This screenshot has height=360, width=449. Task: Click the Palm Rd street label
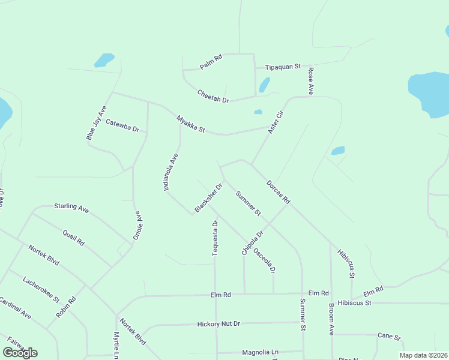tap(211, 62)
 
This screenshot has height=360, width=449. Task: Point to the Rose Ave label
tap(311, 80)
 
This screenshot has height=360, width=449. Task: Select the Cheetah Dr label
tap(213, 95)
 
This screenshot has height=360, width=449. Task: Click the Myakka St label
tap(191, 124)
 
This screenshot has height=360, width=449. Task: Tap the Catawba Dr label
tap(122, 125)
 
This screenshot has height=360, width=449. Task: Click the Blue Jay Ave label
tap(96, 123)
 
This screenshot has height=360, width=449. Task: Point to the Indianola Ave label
tap(171, 172)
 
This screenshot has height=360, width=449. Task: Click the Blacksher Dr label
tap(208, 198)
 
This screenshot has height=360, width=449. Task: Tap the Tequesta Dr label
tap(215, 238)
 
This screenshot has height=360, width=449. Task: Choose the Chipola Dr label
tap(252, 243)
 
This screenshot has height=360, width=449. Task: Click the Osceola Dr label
tap(264, 260)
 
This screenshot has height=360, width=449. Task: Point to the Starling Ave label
tap(71, 208)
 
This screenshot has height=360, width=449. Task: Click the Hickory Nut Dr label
tap(218, 324)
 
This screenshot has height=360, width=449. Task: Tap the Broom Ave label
tap(331, 319)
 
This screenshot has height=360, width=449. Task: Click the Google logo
tap(20, 353)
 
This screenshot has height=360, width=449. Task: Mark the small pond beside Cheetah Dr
tap(264, 85)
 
